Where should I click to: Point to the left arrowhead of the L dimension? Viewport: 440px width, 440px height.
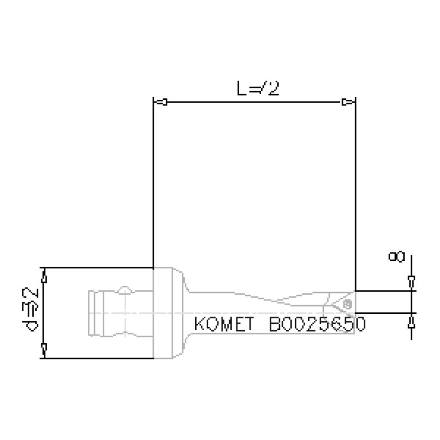(161, 103)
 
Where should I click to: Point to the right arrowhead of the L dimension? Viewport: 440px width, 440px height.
(347, 103)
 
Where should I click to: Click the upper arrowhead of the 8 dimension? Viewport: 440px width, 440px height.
(411, 281)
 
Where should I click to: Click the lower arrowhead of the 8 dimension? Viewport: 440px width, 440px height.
(411, 322)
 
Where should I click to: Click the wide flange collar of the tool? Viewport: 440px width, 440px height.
(168, 313)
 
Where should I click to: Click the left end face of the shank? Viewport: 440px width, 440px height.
(88, 313)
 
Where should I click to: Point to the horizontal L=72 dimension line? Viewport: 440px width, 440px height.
(252, 103)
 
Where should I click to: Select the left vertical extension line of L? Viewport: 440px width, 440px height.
(153, 184)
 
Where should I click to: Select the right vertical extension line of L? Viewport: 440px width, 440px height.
(356, 195)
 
